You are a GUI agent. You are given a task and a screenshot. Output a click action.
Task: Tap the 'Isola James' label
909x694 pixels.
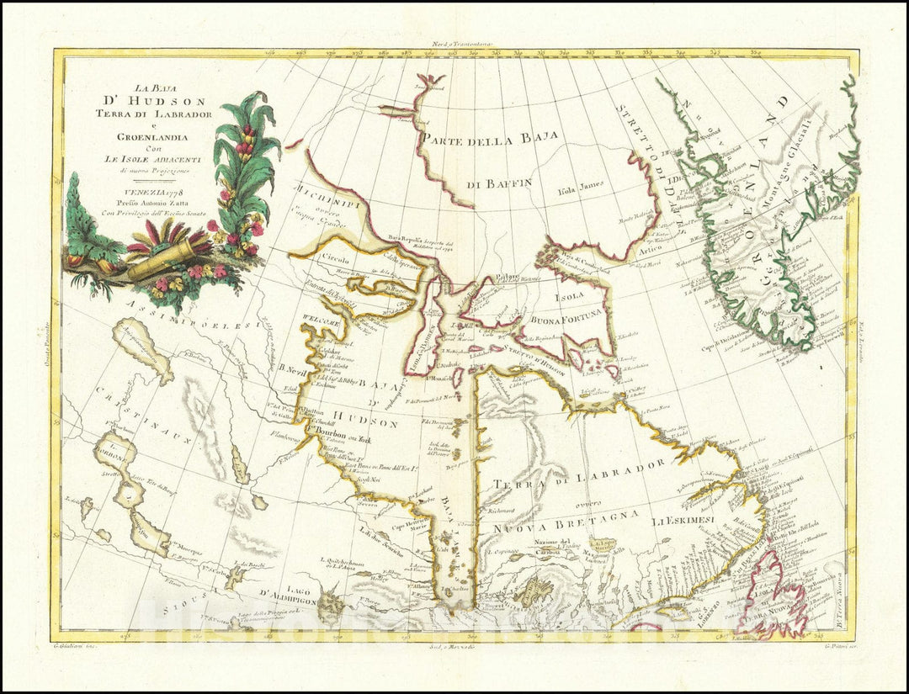click(x=582, y=189)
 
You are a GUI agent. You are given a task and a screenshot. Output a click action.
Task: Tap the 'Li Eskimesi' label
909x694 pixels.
click(x=686, y=522)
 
